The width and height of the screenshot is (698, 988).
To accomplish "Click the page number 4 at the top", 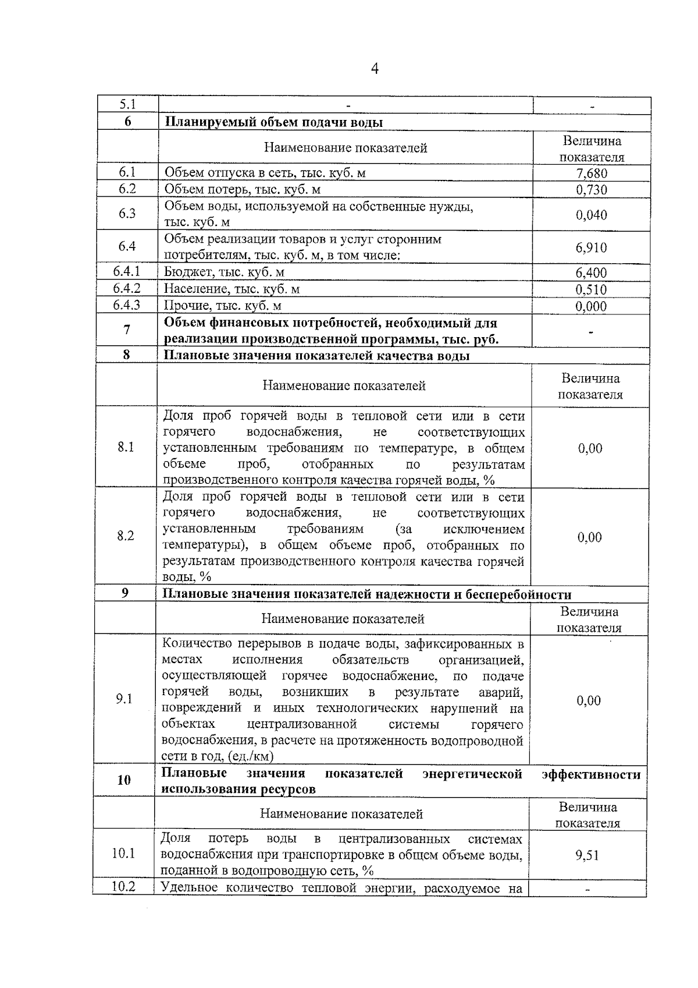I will [x=375, y=69].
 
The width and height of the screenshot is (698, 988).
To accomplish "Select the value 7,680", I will [x=591, y=173].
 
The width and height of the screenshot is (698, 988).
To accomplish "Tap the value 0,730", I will [x=591, y=190].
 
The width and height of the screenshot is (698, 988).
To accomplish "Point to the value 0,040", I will [x=591, y=215].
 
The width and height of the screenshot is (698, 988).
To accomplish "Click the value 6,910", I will [x=591, y=247].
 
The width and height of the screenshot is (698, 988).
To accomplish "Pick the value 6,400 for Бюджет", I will [x=591, y=272].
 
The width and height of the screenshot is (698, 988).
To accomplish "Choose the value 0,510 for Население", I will [x=591, y=289].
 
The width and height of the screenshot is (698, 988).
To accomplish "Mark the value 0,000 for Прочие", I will [x=591, y=306].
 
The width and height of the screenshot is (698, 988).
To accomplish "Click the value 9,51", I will [x=587, y=855].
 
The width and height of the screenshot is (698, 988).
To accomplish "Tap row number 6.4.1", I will [x=127, y=271].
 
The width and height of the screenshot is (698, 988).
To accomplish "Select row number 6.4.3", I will [x=127, y=304].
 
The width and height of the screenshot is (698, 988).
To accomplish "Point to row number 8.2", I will [x=126, y=536].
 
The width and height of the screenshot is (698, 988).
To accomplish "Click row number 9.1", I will [x=124, y=699].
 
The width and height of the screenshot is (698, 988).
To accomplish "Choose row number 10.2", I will [x=123, y=887].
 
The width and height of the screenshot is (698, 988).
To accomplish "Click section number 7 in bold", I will [x=127, y=330].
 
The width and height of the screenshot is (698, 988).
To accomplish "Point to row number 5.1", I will [x=127, y=105].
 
